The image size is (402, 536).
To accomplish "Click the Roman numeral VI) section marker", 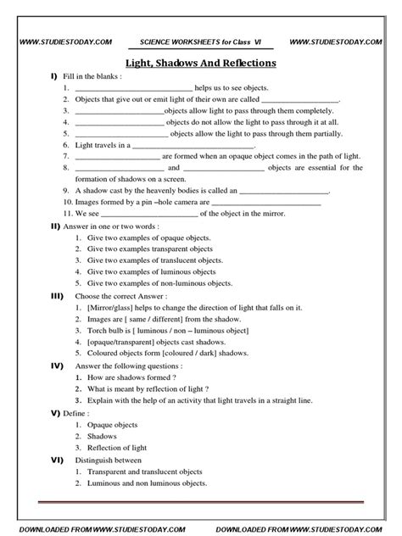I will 56,457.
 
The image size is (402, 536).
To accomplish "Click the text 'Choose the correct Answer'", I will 119,295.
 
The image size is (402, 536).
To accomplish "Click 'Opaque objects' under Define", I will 113,423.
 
